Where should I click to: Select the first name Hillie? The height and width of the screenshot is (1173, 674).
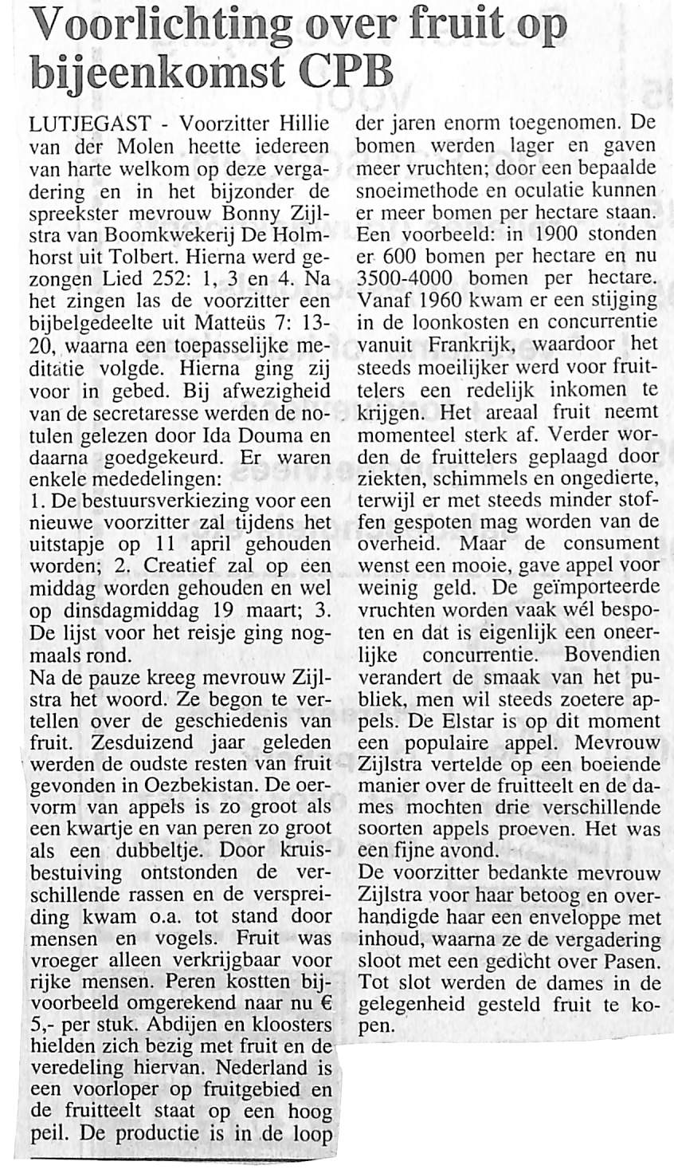[x=304, y=125]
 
